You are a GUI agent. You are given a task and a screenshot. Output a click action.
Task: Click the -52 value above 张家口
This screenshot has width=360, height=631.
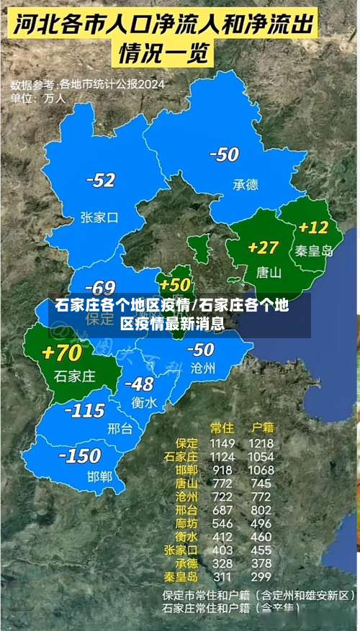(102, 180)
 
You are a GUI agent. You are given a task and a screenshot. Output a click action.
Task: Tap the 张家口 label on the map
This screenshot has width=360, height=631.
(99, 216)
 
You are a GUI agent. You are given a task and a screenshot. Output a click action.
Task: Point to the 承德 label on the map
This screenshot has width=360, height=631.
(246, 184)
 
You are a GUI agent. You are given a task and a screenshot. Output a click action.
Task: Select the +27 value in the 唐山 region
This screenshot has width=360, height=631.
(263, 248)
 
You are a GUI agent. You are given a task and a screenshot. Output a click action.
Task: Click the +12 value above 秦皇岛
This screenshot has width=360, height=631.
(313, 227)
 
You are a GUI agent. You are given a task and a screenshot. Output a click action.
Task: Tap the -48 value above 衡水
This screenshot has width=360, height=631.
(139, 383)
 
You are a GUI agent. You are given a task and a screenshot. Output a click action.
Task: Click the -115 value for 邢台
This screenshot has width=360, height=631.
(85, 411)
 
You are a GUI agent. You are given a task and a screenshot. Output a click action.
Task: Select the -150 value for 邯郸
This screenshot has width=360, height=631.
(80, 455)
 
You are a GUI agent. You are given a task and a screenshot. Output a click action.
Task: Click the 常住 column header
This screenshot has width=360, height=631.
(221, 427)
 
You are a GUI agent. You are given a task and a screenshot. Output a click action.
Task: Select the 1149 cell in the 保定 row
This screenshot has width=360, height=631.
(222, 442)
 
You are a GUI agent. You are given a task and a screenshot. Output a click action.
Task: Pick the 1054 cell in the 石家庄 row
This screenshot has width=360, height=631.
(260, 456)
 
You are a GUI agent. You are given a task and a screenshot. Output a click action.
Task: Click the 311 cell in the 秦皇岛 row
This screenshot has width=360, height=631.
(222, 576)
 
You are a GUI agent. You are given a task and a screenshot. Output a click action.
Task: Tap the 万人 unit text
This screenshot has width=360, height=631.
(54, 97)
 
